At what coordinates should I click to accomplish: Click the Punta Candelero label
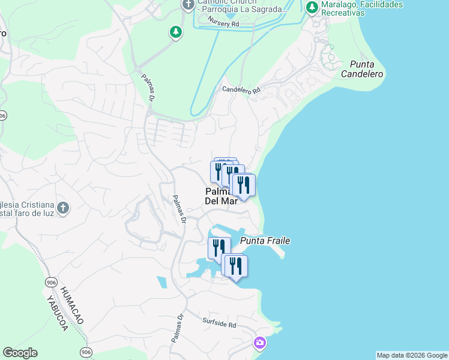tap(362, 69)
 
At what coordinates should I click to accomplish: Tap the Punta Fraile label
tap(265, 241)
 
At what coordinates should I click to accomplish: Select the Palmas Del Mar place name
tap(221, 196)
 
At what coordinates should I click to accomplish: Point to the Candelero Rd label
tap(241, 90)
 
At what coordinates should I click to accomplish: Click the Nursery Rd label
tap(223, 22)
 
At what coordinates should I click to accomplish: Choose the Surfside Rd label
tap(220, 324)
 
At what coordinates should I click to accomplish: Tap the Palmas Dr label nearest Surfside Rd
tap(177, 329)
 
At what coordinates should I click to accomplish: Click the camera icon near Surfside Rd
tap(260, 343)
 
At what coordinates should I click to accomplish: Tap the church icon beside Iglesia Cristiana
tap(63, 208)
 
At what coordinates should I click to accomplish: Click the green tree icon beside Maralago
tap(312, 8)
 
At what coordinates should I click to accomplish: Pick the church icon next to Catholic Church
tap(188, 5)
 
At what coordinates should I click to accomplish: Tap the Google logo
tap(20, 353)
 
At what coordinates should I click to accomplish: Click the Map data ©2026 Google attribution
tap(412, 355)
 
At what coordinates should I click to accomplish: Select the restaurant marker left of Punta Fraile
tap(218, 247)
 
